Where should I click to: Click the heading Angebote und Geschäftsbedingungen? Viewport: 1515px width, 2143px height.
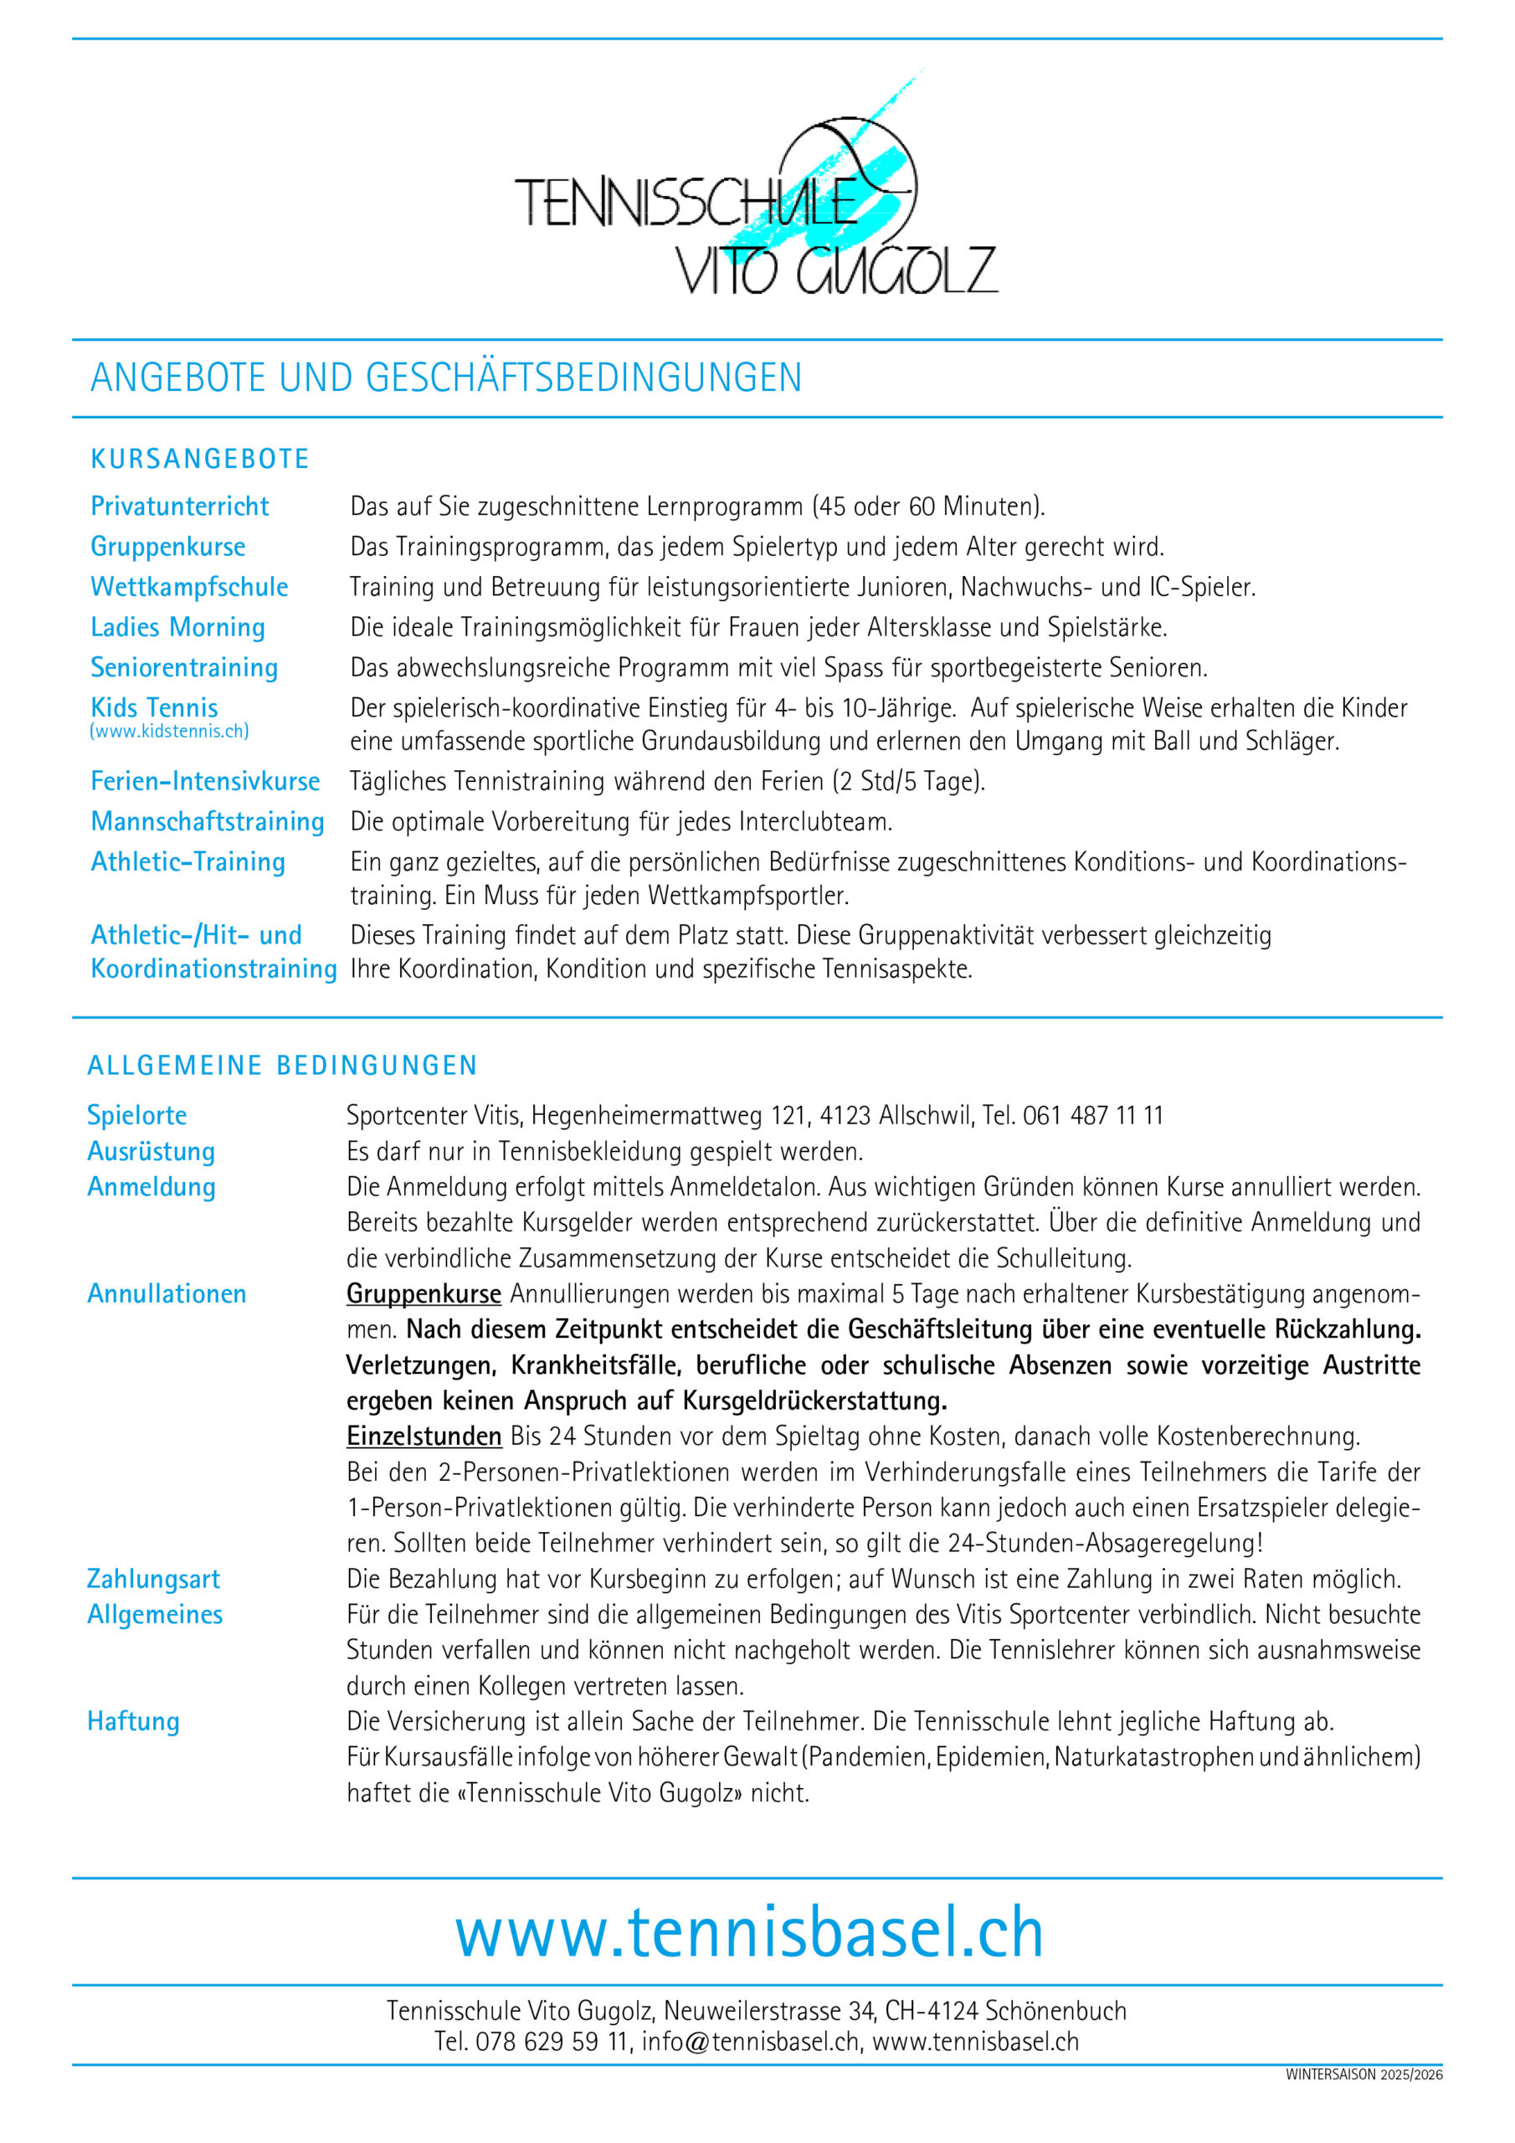coord(446,378)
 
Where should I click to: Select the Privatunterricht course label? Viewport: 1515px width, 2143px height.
coord(179,506)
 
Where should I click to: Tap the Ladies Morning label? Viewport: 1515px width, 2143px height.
coord(177,627)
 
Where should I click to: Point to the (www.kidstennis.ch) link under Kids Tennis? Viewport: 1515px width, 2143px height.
coord(169,731)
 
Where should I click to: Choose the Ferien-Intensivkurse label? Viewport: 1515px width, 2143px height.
coord(204,781)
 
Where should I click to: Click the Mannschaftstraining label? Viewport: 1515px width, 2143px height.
coord(208,821)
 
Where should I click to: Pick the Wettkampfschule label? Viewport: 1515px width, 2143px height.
coord(188,587)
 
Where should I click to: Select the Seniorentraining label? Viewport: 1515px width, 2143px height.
coord(184,667)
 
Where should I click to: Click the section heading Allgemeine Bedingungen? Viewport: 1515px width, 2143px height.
coord(282,1065)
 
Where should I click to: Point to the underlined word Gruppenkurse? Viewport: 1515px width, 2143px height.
coord(424,1293)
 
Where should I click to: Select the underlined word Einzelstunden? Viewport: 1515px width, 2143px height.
coord(424,1436)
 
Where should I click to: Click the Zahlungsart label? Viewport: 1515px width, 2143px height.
coord(153,1580)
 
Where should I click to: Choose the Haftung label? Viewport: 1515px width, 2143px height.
coord(132,1721)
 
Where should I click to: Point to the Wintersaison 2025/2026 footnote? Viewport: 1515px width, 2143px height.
coord(1363,2075)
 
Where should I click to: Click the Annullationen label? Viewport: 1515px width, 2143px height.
coord(167,1293)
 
